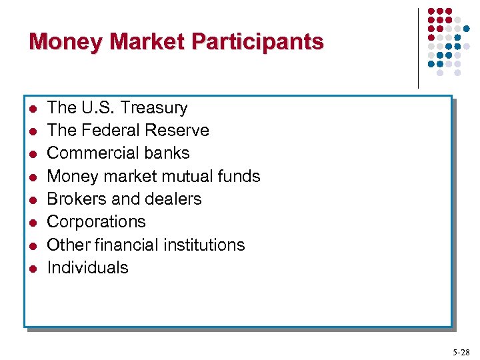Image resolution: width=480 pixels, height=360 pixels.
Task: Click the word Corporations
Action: (x=96, y=221)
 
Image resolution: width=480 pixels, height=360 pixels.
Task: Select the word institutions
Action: (x=205, y=245)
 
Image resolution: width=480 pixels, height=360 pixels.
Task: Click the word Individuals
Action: (x=87, y=267)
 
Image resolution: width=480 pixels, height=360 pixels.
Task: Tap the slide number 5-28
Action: (x=460, y=351)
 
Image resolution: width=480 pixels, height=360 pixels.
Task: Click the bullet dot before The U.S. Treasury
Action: (x=31, y=109)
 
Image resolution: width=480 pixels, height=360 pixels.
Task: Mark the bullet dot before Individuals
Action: (x=31, y=269)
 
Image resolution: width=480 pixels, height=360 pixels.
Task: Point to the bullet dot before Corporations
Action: (x=31, y=223)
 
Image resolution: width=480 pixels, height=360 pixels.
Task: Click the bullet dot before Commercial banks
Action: (x=31, y=154)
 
